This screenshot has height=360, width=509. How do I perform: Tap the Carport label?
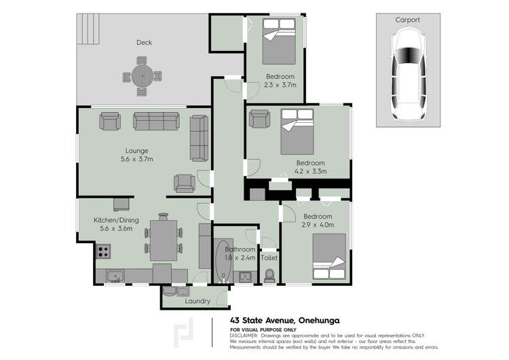tap(407, 20)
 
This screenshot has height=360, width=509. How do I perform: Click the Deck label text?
tap(144, 43)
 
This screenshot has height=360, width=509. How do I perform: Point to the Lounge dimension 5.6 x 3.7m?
tap(136, 160)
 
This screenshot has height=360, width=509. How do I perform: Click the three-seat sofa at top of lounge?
tap(155, 121)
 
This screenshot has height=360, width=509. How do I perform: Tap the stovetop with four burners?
tap(103, 252)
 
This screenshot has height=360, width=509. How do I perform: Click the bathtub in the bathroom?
tap(223, 261)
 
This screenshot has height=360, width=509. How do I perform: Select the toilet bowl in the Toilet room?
tap(269, 274)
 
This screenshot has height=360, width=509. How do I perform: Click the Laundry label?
tap(197, 300)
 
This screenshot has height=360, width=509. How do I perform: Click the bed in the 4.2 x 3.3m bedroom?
tap(297, 131)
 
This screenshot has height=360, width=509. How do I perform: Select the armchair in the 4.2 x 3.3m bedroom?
tap(259, 119)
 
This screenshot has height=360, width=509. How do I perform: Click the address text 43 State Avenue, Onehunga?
tap(284, 321)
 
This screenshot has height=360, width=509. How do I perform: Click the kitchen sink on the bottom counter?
tap(115, 276)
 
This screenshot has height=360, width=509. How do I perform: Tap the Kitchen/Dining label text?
tap(113, 220)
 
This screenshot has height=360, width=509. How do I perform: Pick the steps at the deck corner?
tap(88, 27)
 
